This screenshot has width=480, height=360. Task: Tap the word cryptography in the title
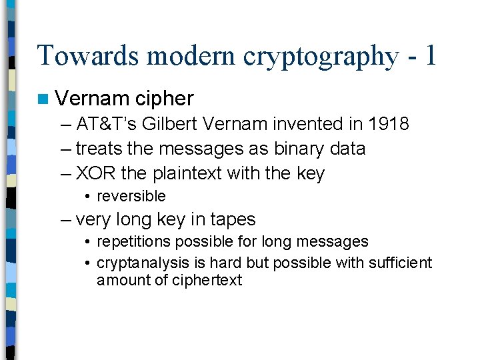[321, 55]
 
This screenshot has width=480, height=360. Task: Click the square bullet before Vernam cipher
[43, 99]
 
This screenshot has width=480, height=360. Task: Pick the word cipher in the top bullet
[164, 99]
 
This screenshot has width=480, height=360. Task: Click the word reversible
[131, 196]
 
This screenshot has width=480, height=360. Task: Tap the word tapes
[232, 219]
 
